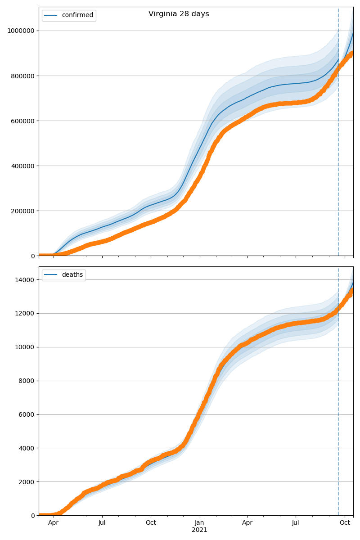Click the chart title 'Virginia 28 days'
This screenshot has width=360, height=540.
179,14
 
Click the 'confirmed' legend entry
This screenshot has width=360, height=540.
77,15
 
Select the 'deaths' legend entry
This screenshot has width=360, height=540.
72,275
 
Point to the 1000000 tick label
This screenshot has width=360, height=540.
22,31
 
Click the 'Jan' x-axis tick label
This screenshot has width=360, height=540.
199,523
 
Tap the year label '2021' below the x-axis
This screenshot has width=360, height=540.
199,530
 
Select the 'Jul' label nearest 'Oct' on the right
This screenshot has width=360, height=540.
296,523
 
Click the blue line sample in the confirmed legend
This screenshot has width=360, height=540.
51,15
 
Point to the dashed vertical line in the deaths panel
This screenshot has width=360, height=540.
338,405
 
